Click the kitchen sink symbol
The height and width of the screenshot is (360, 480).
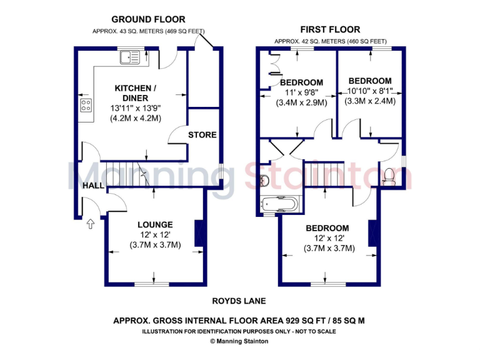pyautogui.click(x=132, y=58)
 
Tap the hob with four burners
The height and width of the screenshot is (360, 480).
pyautogui.click(x=86, y=106)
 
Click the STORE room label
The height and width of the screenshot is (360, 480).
pyautogui.click(x=202, y=134)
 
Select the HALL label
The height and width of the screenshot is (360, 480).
pyautogui.click(x=93, y=186)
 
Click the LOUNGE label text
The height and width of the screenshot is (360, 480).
pyautogui.click(x=155, y=224)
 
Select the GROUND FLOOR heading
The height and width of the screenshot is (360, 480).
pyautogui.click(x=148, y=20)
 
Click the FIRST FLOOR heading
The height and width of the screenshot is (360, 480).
pyautogui.click(x=330, y=29)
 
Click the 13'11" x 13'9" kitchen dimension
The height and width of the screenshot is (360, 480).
pyautogui.click(x=135, y=108)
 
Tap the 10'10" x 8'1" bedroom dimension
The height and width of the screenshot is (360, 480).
pyautogui.click(x=370, y=91)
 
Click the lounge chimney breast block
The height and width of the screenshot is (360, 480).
pyautogui.click(x=199, y=233)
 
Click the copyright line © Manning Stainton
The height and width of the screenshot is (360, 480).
pyautogui.click(x=240, y=341)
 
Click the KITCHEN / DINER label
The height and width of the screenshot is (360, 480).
pyautogui.click(x=135, y=93)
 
